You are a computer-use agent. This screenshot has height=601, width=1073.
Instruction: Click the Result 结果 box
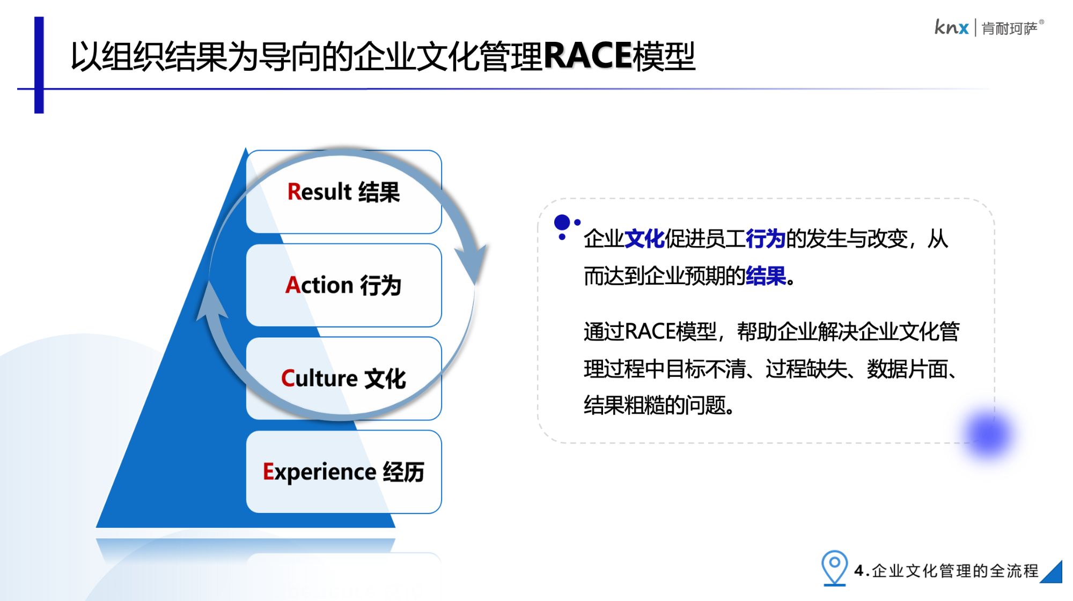coord(343,192)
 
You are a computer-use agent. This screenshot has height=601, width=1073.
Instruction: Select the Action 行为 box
coord(343,285)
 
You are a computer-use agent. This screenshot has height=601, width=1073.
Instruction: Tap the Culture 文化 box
coord(343,379)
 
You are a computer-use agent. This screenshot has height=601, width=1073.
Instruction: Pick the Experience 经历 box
coord(343,472)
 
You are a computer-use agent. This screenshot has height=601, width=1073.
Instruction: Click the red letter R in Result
coord(294,191)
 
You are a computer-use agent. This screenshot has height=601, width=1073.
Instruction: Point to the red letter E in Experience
coord(268,471)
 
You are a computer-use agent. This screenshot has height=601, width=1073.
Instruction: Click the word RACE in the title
coord(588,56)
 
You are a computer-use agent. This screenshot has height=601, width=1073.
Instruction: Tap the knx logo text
coord(951,27)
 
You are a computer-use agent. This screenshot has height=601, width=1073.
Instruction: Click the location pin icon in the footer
coord(834,568)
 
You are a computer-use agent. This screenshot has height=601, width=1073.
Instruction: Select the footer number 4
coord(859,570)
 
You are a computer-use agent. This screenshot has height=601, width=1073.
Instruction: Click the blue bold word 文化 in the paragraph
coord(644,239)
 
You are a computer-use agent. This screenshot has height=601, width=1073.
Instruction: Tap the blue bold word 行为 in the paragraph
coord(766,239)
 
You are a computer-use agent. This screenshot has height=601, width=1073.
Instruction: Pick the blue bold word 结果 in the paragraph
coord(766,276)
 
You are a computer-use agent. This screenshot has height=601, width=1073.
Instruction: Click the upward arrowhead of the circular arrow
coord(211,300)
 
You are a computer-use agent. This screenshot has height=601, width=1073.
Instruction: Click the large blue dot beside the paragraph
coord(562,222)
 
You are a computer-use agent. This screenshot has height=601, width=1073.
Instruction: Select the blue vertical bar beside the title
coord(39,65)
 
